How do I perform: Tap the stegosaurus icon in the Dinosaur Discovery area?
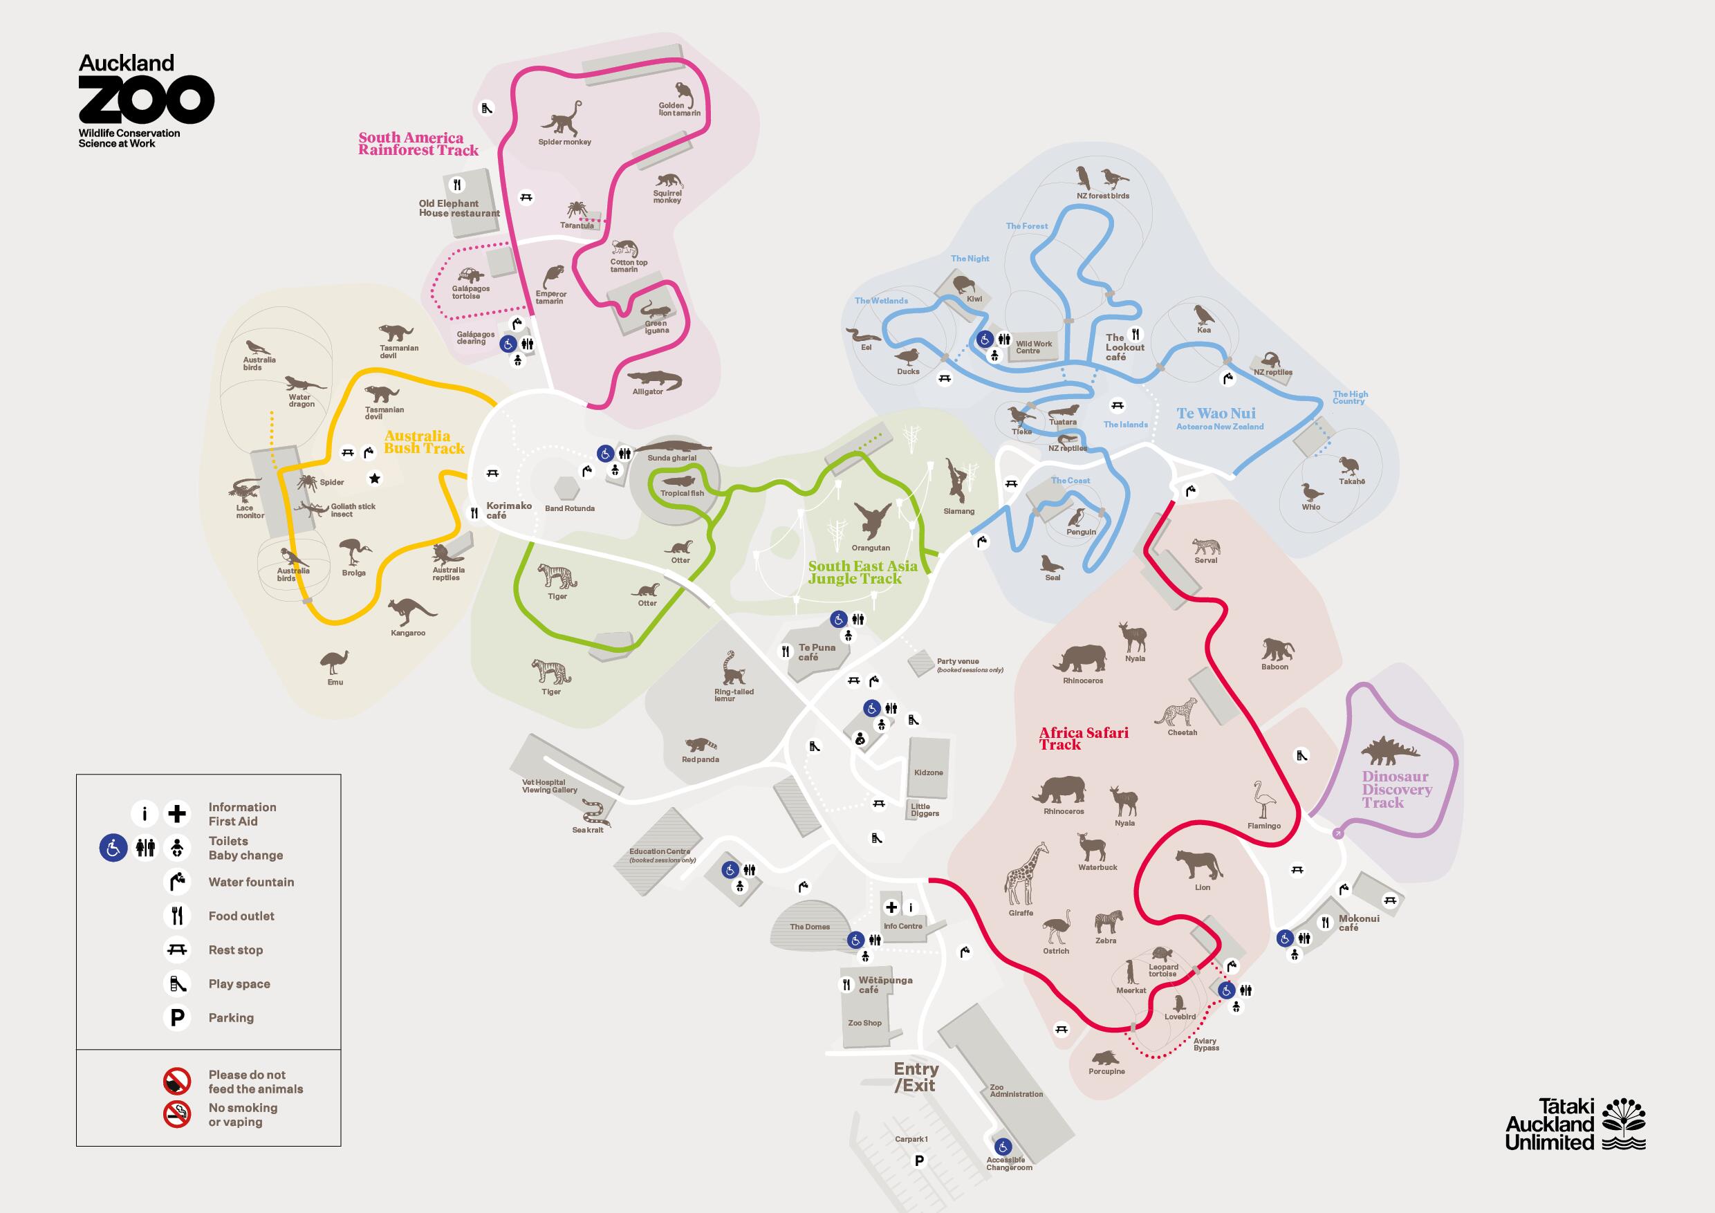pyautogui.click(x=1389, y=750)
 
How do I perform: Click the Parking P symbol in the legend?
pyautogui.click(x=177, y=1017)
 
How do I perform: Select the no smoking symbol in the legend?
pyautogui.click(x=177, y=1114)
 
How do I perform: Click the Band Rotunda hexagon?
pyautogui.click(x=568, y=489)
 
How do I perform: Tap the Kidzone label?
pyautogui.click(x=929, y=772)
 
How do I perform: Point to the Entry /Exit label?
pyautogui.click(x=916, y=1077)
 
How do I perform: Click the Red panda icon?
pyautogui.click(x=700, y=745)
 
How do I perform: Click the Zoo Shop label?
pyautogui.click(x=864, y=1023)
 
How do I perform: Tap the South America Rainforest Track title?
pyautogui.click(x=418, y=143)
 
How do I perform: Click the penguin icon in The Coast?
pyautogui.click(x=1076, y=517)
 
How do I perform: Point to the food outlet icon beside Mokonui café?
pyautogui.click(x=1325, y=922)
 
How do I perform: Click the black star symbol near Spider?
pyautogui.click(x=375, y=478)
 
